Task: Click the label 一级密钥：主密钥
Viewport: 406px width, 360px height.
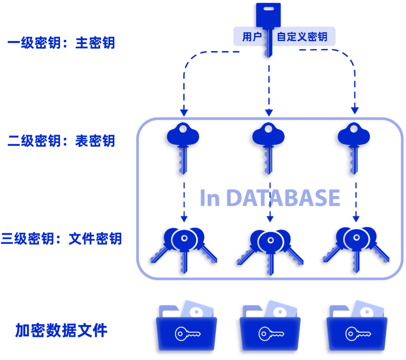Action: [x=61, y=43]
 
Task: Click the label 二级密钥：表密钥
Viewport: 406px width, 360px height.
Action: [x=61, y=141]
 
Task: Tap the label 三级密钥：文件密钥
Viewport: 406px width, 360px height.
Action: [x=61, y=239]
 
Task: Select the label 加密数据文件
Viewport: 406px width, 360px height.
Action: [x=61, y=330]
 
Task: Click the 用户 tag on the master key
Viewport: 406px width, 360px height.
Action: [x=252, y=37]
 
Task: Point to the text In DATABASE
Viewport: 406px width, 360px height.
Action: [x=270, y=198]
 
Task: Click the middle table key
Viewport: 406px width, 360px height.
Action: [x=267, y=147]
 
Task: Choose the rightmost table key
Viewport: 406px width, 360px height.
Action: [x=352, y=147]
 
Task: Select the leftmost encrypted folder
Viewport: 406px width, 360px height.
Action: [x=186, y=329]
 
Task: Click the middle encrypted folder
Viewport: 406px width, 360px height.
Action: [x=270, y=329]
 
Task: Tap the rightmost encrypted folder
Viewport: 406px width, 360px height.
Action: [x=356, y=329]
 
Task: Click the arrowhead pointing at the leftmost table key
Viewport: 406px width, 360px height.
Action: [x=184, y=113]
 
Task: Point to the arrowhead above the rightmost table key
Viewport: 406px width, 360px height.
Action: [x=355, y=111]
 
